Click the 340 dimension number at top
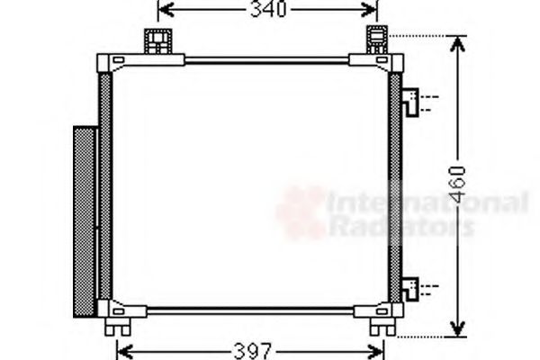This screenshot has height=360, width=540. [x=267, y=10]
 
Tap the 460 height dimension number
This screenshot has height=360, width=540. [x=459, y=184]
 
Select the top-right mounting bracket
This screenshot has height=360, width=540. [x=376, y=41]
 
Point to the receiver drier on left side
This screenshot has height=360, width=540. [x=84, y=220]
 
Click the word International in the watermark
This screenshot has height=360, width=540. [x=427, y=202]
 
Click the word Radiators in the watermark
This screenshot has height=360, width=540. [x=400, y=226]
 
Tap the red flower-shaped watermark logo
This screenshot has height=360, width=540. [x=301, y=212]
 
